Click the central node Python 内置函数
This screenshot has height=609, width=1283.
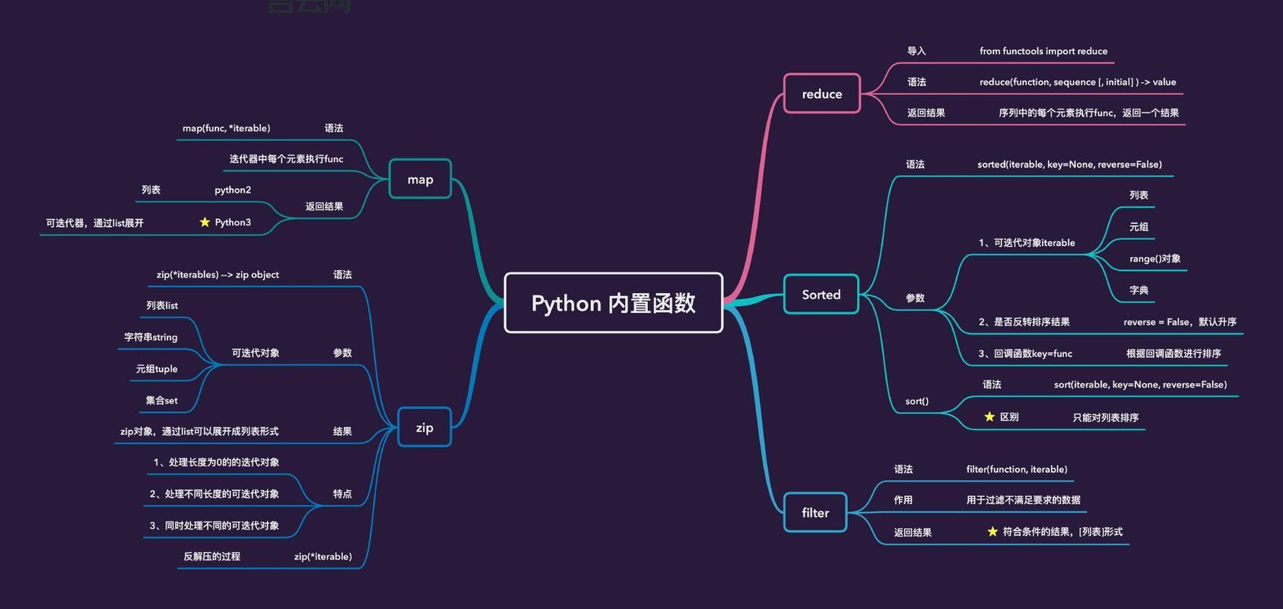pos(613,303)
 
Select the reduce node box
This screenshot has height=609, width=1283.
pos(821,94)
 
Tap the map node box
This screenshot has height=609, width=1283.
pos(420,180)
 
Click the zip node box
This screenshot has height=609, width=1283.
pos(424,428)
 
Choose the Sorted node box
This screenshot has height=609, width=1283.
pos(821,295)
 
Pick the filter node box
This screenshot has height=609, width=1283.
pos(815,513)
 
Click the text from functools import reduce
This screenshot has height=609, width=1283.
pos(1043,51)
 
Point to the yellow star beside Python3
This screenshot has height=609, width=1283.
pos(205,222)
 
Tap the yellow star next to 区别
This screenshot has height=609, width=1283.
pos(989,417)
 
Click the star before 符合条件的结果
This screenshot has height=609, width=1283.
pos(992,531)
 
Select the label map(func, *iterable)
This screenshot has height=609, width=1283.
pos(226,128)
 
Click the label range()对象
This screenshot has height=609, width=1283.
pos(1154,259)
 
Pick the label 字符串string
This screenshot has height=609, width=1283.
pos(151,337)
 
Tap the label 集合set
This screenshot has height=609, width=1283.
pos(161,400)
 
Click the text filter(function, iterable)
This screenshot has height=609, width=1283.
pos(1016,469)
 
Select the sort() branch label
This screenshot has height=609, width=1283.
pos(916,401)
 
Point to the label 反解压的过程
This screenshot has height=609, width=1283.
pos(211,556)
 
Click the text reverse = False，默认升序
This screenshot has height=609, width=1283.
pos(1180,322)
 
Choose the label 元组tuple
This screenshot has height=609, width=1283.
pos(157,369)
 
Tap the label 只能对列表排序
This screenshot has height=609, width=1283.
pos(1105,417)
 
